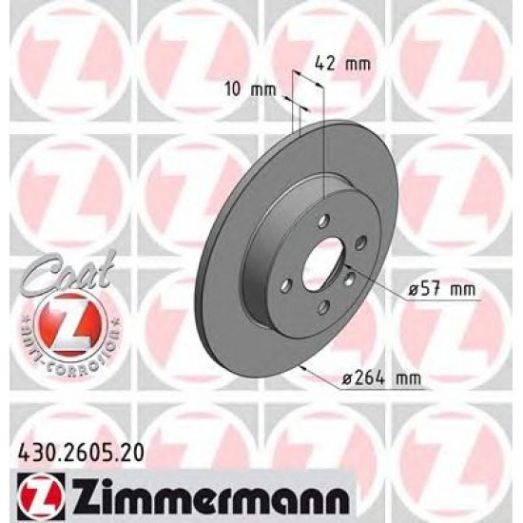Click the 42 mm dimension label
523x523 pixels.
342,64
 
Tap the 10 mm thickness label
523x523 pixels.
250,89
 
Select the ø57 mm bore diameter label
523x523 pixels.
442,289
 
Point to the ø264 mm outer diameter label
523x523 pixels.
382,378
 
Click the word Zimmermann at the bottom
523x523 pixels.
209,497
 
